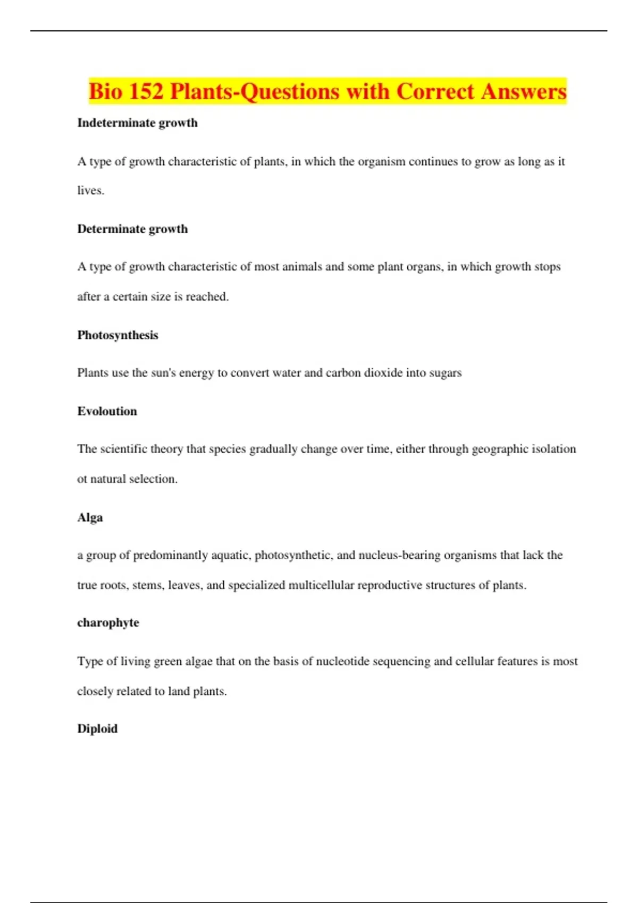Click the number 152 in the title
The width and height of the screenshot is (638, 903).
145,91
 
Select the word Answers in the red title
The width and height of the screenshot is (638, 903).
524,91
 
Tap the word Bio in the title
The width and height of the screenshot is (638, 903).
105,91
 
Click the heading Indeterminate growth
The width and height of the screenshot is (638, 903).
137,123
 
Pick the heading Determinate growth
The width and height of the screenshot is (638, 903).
132,229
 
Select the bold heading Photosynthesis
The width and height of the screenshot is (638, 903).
117,335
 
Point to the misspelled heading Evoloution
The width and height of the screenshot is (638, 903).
107,411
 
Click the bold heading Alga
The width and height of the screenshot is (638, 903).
90,517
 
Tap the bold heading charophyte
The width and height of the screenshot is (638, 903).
108,623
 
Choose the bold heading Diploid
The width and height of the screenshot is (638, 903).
97,729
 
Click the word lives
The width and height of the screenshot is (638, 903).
90,191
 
